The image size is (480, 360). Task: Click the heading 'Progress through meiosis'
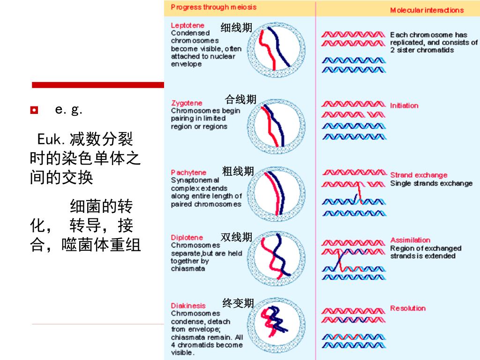pyautogui.click(x=213, y=7)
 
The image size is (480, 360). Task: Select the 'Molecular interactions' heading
pyautogui.click(x=427, y=10)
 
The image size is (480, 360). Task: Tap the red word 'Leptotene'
pyautogui.click(x=187, y=25)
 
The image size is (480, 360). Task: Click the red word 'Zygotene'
pyautogui.click(x=187, y=103)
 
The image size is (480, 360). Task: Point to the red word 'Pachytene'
pyautogui.click(x=188, y=172)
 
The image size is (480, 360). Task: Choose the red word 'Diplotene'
pyautogui.click(x=187, y=238)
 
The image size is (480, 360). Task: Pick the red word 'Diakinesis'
pyautogui.click(x=188, y=306)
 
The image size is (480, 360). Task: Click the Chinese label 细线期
pyautogui.click(x=236, y=28)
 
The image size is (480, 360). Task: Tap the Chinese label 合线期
pyautogui.click(x=240, y=99)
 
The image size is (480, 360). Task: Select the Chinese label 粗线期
pyautogui.click(x=238, y=172)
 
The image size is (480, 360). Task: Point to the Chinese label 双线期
pyautogui.click(x=236, y=237)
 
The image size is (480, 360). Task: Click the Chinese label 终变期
pyautogui.click(x=238, y=303)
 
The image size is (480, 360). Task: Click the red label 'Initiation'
pyautogui.click(x=404, y=105)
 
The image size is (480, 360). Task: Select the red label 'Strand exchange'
pyautogui.click(x=419, y=175)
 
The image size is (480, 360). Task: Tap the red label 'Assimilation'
pyautogui.click(x=410, y=240)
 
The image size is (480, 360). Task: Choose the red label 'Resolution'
pyautogui.click(x=408, y=308)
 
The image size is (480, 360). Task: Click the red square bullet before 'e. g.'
pyautogui.click(x=33, y=111)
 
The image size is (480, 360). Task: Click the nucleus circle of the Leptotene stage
pyautogui.click(x=274, y=50)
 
